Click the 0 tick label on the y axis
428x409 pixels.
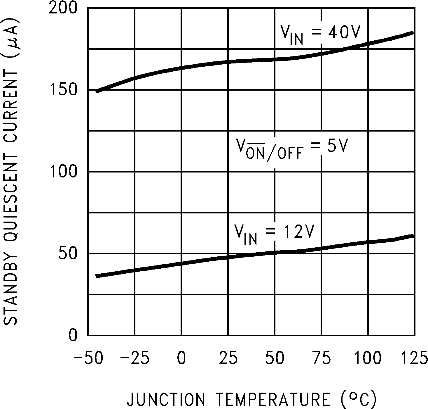click(73, 335)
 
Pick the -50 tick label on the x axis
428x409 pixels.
click(88, 358)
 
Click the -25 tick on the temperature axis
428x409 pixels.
click(135, 358)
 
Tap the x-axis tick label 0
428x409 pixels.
click(181, 358)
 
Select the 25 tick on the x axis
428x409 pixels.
click(228, 358)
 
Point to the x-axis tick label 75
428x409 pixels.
click(321, 358)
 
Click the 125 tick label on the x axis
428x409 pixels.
click(414, 358)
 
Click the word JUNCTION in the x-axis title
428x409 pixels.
click(166, 399)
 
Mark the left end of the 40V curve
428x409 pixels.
click(97, 92)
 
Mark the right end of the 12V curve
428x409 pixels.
click(413, 236)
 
